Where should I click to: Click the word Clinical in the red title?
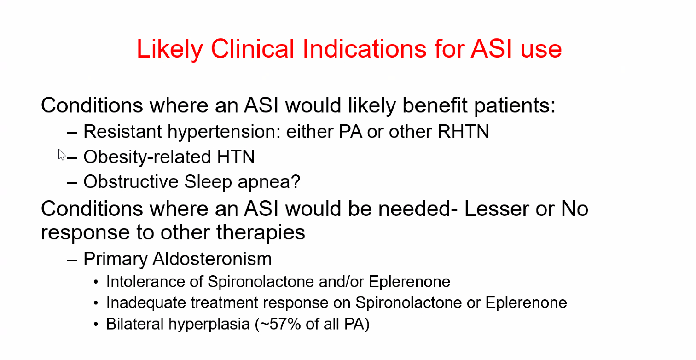(253, 48)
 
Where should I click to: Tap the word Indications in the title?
(365, 48)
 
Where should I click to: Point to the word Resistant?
(122, 131)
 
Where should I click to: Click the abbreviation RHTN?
(463, 131)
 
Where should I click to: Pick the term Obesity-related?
(147, 157)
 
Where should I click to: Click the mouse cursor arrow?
(62, 154)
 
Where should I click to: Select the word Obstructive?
(131, 181)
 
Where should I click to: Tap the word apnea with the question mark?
(269, 182)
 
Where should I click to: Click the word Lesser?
(497, 209)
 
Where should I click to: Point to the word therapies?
(261, 232)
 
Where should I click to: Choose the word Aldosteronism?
(212, 259)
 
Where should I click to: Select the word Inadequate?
(146, 303)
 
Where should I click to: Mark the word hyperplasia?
(209, 325)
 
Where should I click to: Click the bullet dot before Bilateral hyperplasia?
(96, 324)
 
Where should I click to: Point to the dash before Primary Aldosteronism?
(72, 260)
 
